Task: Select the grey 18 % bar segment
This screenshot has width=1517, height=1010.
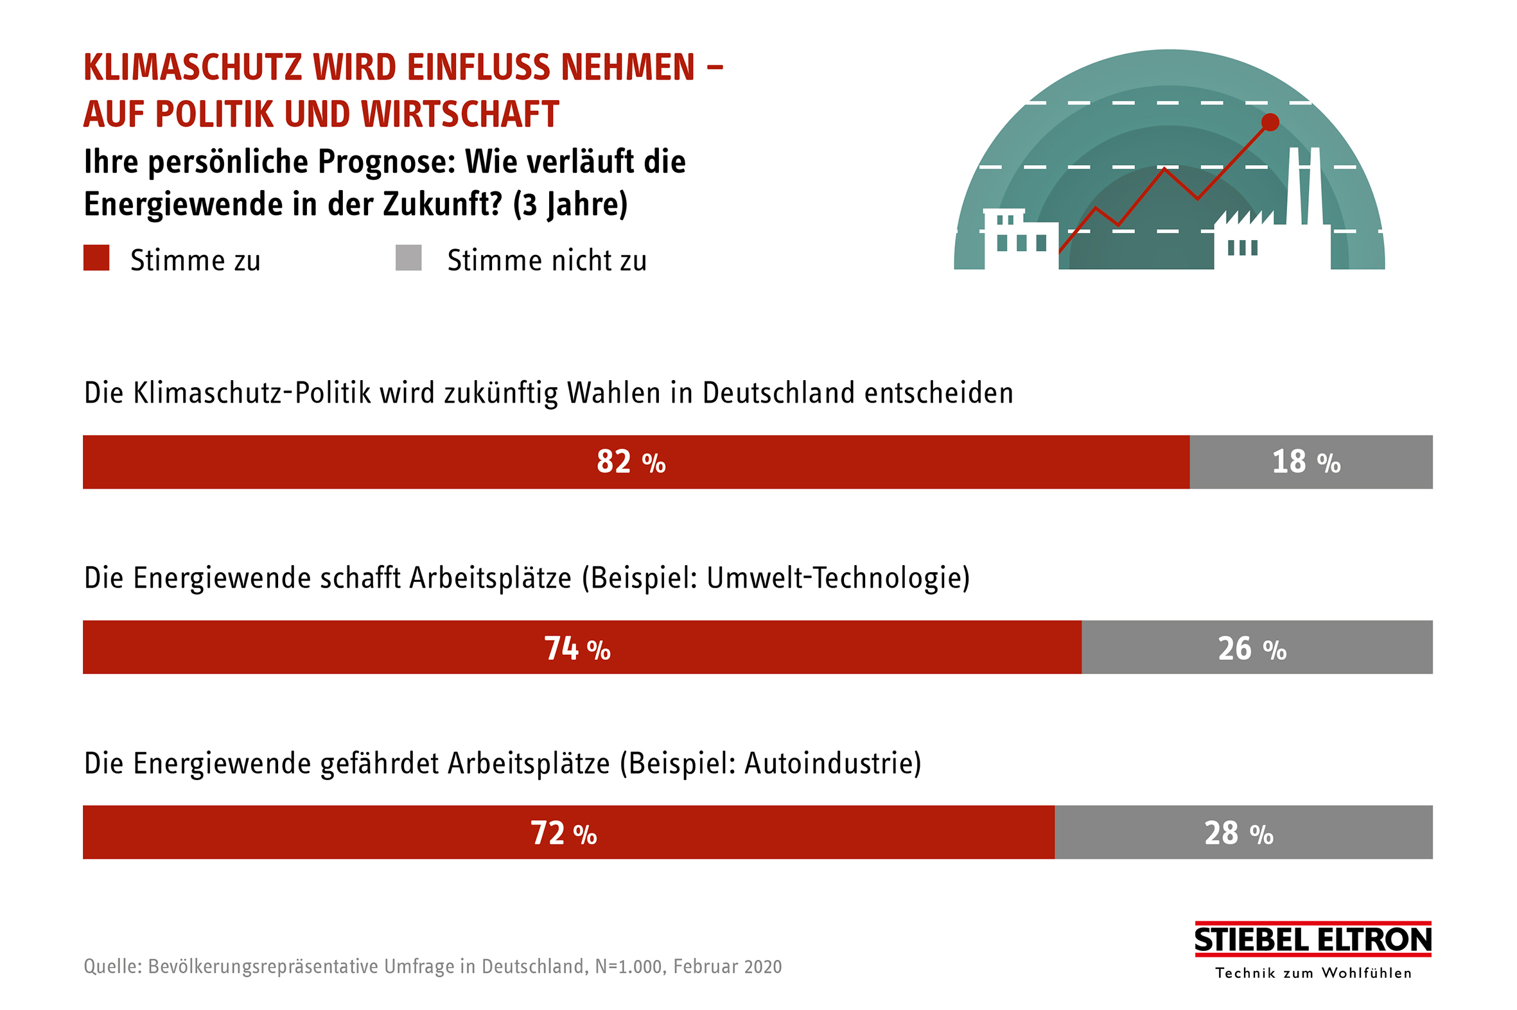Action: click(1310, 462)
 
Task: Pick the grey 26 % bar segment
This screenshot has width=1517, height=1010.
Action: click(1256, 647)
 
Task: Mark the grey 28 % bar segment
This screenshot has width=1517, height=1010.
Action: click(1243, 832)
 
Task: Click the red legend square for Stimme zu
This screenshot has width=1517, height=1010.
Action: click(96, 257)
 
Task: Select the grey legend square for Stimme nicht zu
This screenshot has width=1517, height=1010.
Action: click(408, 257)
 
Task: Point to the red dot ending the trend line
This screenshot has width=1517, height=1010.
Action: click(1270, 122)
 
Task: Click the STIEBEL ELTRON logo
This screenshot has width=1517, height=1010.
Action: click(1312, 940)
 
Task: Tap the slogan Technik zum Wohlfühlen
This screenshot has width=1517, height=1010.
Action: click(1313, 973)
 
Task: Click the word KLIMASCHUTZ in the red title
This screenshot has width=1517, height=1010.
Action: click(193, 67)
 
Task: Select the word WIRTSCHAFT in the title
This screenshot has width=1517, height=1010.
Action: click(460, 114)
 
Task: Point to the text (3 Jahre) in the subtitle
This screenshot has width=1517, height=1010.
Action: click(570, 204)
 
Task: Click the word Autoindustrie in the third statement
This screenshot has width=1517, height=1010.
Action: click(832, 763)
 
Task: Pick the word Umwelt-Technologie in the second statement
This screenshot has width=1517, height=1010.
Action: click(837, 578)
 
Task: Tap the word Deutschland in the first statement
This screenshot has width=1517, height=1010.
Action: click(779, 393)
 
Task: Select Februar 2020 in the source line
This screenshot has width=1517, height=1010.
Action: click(727, 966)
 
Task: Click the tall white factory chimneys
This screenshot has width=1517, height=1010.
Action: click(1304, 187)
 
